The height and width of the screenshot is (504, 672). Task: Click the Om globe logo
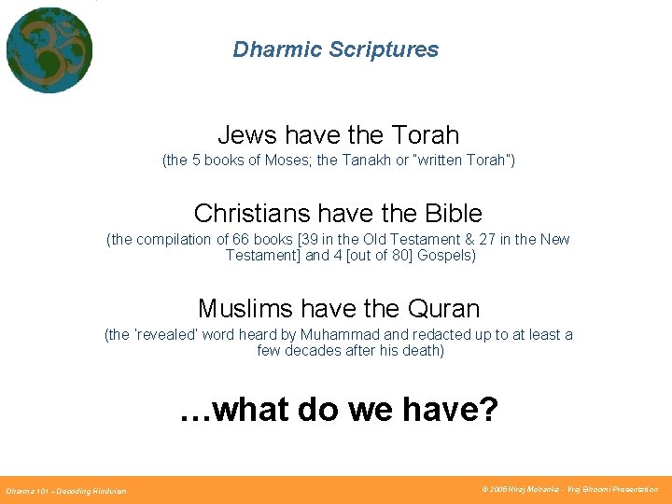tap(49, 49)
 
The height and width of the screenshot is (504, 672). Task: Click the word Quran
tap(444, 308)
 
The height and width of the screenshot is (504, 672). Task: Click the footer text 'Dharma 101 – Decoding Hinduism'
tap(66, 490)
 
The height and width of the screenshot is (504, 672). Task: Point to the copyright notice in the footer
tap(569, 489)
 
